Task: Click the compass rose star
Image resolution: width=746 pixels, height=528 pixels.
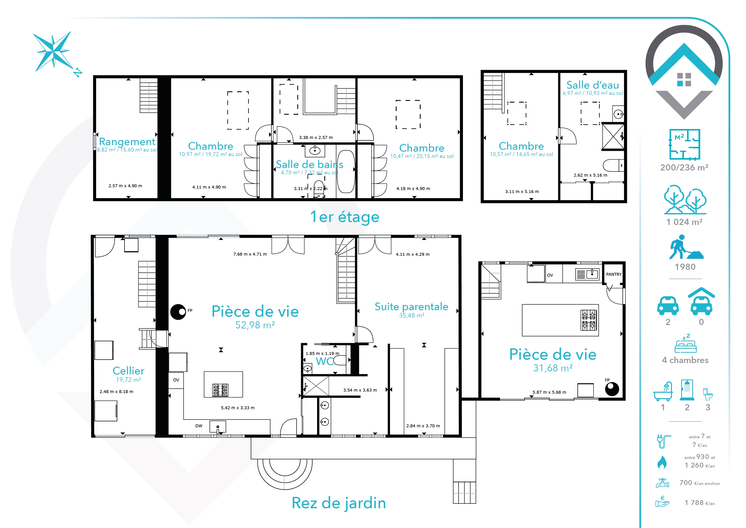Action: pos(53,51)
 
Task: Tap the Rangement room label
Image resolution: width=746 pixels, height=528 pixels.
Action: pos(127,142)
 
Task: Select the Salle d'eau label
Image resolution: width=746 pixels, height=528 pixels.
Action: pos(593,85)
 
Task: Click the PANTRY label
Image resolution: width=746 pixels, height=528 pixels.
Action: pos(614,274)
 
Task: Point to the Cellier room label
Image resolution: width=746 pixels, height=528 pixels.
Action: pos(128,371)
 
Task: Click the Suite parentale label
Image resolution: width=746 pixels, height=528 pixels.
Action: pos(411,307)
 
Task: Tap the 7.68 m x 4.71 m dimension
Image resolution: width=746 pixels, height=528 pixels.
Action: pos(250,254)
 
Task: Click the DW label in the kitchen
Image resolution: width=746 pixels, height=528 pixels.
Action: pos(199,426)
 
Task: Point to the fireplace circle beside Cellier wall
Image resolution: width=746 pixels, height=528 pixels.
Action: pos(178,312)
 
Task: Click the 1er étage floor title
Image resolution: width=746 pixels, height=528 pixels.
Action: pos(345,217)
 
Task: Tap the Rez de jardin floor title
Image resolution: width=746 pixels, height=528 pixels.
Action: pos(339,503)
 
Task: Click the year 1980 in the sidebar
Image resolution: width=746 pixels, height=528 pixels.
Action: pos(685,267)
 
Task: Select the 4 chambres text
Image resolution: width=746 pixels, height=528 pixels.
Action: pos(685,360)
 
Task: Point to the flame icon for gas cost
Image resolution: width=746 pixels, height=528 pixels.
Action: pos(662,462)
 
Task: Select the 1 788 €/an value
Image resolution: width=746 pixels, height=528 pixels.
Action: pos(700,503)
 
